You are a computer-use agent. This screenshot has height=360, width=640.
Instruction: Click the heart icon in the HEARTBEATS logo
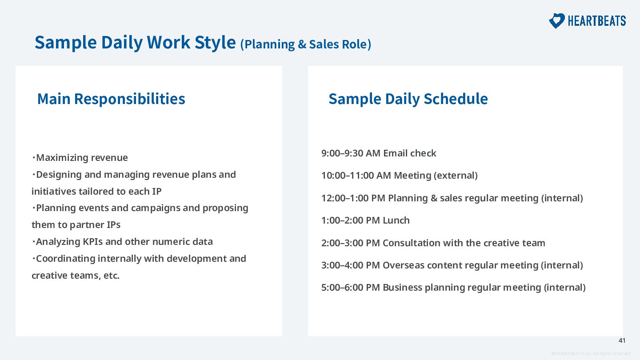(556, 21)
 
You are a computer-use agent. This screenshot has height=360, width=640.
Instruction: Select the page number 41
(622, 340)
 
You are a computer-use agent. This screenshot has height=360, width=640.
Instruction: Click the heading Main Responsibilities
(111, 99)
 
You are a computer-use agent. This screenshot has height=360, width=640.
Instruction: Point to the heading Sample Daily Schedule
(408, 99)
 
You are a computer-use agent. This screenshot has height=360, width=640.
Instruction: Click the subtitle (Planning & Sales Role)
(306, 44)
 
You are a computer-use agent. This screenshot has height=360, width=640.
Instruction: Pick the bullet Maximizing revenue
(80, 157)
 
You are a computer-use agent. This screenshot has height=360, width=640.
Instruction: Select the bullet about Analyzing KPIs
(122, 242)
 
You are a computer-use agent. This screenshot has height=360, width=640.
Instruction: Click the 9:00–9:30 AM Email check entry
(379, 153)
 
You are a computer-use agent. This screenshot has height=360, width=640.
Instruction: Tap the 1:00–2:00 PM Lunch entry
(365, 220)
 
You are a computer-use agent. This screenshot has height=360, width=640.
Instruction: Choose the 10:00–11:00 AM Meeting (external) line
(400, 176)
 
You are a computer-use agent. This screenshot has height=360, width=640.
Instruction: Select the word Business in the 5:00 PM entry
(402, 288)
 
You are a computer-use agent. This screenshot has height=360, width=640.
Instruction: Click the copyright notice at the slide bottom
(591, 354)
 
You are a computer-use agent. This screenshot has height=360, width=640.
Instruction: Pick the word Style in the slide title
(215, 42)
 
